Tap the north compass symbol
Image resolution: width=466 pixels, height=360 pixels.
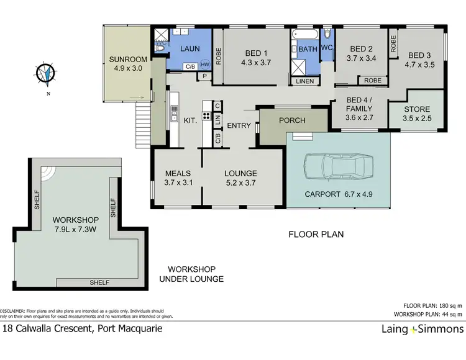click(45, 74)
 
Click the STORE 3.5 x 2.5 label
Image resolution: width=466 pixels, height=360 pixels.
click(416, 114)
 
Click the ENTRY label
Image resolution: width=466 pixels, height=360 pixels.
click(239, 126)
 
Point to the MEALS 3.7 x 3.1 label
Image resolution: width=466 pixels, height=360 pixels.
click(178, 178)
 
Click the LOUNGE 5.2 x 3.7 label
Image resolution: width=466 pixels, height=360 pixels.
click(240, 178)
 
